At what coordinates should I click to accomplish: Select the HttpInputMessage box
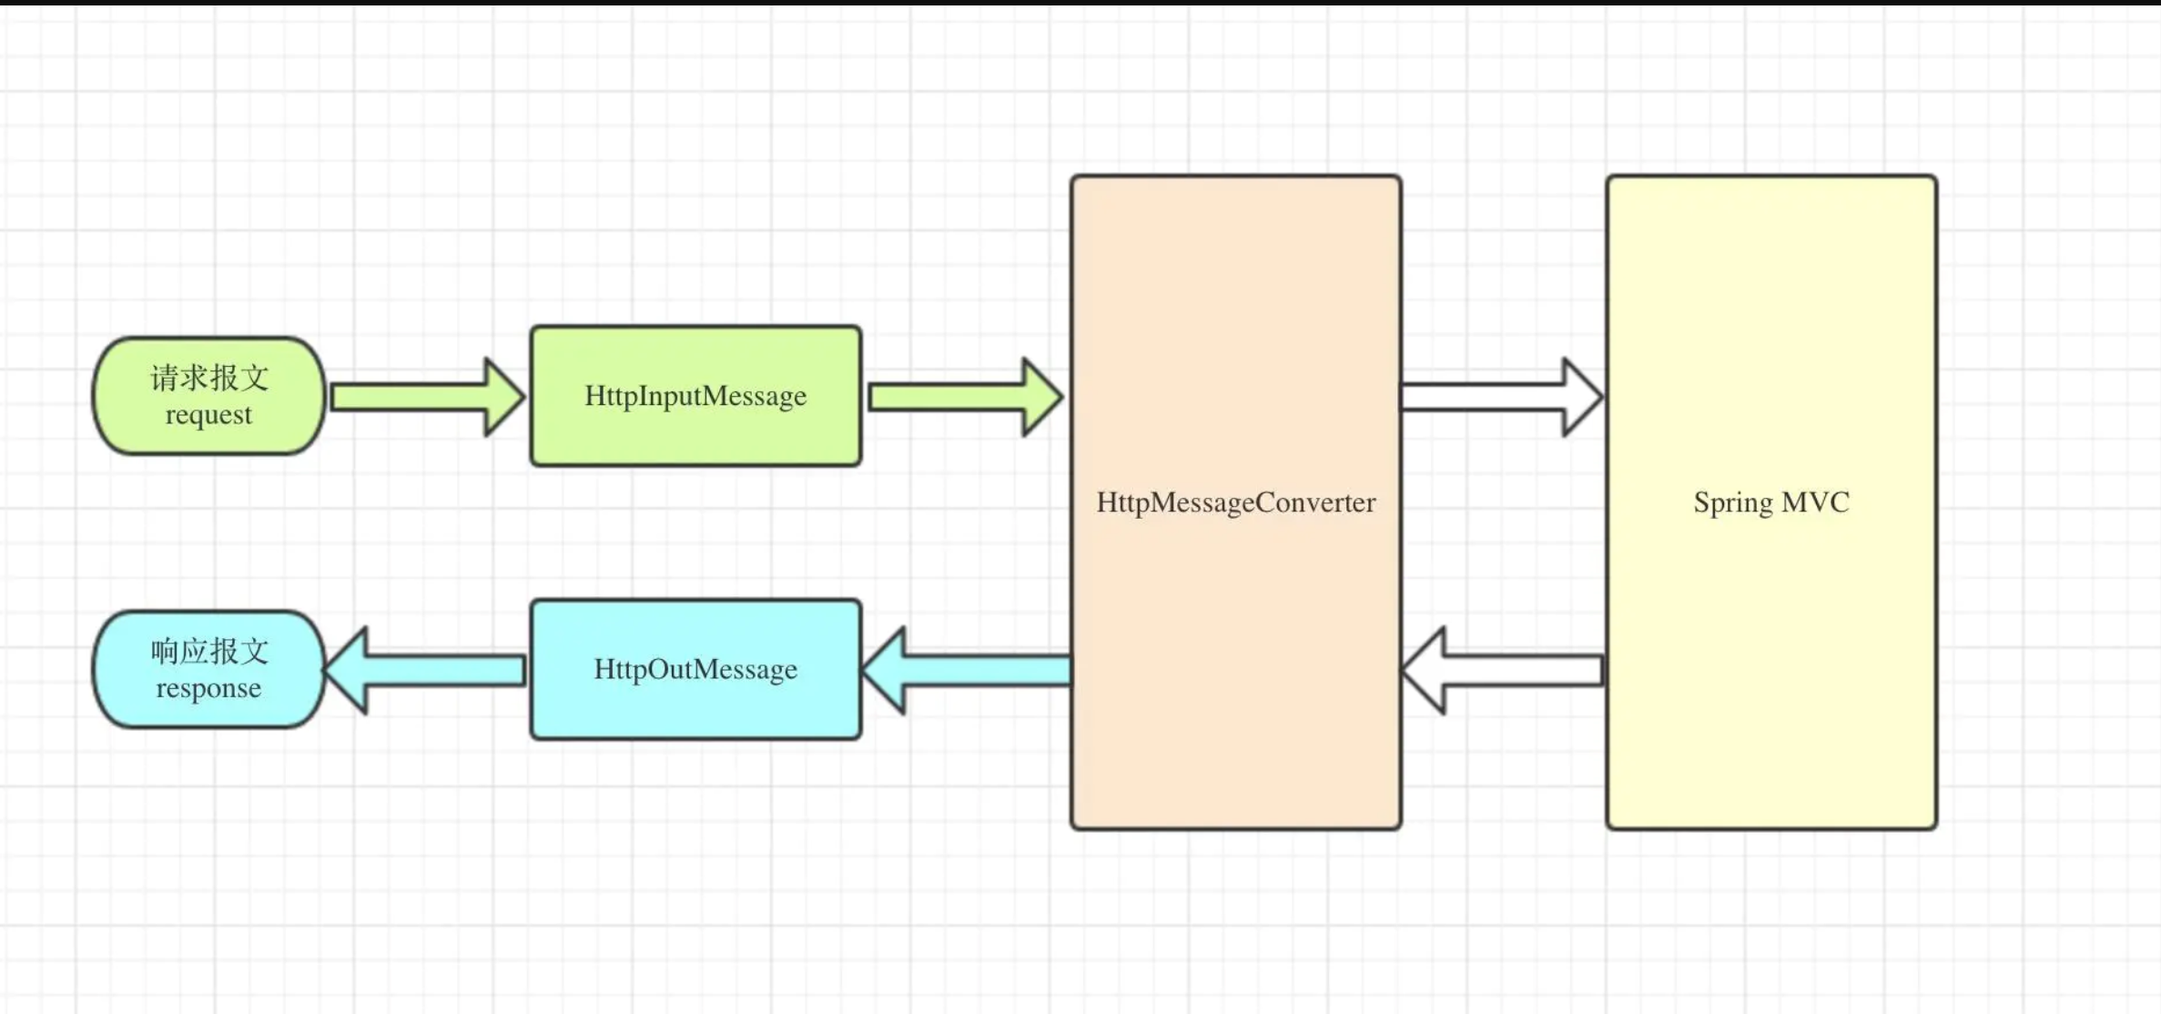pyautogui.click(x=695, y=437)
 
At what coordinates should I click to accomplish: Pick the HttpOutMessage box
pyautogui.click(x=695, y=710)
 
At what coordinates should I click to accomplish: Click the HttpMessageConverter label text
pyautogui.click(x=1235, y=502)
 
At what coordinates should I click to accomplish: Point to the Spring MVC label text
pyautogui.click(x=1770, y=502)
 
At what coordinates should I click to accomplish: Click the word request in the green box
pyautogui.click(x=208, y=415)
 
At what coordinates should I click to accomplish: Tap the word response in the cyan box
pyautogui.click(x=208, y=688)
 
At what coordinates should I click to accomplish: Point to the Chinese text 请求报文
pyautogui.click(x=209, y=377)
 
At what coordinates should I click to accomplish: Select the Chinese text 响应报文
pyautogui.click(x=209, y=651)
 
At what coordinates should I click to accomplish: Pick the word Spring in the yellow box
pyautogui.click(x=1732, y=503)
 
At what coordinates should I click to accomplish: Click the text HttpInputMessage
pyautogui.click(x=695, y=396)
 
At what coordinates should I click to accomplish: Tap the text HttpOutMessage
pyautogui.click(x=695, y=669)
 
